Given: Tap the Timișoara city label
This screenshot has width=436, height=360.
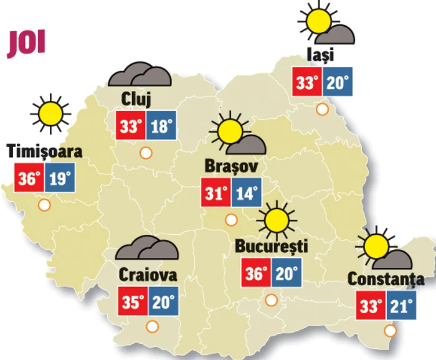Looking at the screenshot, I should coord(44,151).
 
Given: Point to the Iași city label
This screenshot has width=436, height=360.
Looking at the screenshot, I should coord(321,55).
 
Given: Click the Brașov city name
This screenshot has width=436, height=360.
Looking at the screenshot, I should coord(231,167).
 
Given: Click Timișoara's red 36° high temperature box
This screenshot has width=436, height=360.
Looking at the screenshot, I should coord(29,179).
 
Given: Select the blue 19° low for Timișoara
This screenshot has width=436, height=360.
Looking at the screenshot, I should coord(60,179).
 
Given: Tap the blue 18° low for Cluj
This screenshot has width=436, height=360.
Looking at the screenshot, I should coord(161,127).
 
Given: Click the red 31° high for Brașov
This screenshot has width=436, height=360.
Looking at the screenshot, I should coord(215,194).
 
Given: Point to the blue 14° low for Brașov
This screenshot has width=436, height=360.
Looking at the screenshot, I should coord(246,194).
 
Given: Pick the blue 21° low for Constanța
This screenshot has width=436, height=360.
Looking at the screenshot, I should coord(402,306).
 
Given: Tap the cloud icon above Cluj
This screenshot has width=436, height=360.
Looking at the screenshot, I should coord(140,75).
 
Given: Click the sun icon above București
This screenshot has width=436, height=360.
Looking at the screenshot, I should coord(275,220).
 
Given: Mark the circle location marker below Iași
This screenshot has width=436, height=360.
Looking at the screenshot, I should coord(323,110).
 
